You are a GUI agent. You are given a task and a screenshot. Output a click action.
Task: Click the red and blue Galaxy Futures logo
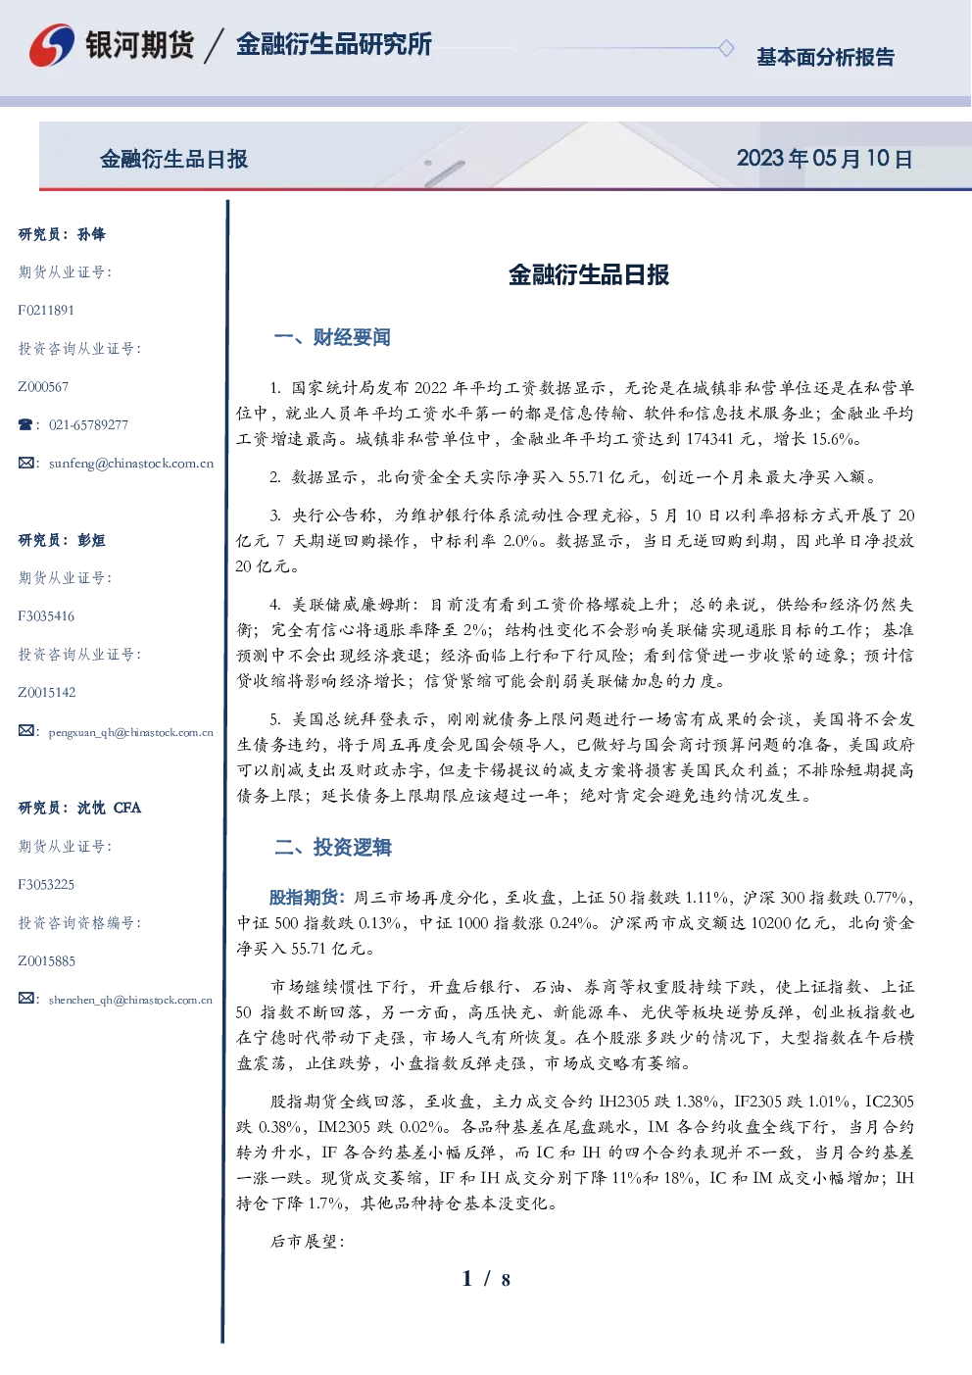point(52,44)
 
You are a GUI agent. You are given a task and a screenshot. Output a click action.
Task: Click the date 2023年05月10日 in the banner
point(824,159)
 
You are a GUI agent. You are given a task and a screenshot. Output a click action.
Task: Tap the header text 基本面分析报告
point(825,57)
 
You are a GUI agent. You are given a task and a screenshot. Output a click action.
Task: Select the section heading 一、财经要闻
point(332,337)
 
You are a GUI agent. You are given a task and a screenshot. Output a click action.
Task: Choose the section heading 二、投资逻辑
point(332,847)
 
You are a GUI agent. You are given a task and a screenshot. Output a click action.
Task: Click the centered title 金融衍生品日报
point(589,274)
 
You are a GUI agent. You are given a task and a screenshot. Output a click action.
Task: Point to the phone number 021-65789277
point(88,424)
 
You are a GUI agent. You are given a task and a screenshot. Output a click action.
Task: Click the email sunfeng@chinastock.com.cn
point(131,464)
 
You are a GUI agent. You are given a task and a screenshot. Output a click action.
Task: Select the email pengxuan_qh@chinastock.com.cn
point(130,732)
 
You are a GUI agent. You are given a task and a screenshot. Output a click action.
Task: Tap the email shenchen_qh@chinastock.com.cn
point(130,1000)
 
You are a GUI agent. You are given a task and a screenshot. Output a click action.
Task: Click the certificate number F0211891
point(46,310)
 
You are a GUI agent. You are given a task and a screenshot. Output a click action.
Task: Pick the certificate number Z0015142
point(47,693)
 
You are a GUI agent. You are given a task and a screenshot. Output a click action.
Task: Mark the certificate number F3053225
point(46,885)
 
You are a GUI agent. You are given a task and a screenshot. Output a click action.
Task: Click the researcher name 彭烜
point(91,540)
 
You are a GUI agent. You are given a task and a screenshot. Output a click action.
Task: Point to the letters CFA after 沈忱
point(127,808)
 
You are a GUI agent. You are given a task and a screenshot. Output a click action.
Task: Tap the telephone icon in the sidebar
point(25,424)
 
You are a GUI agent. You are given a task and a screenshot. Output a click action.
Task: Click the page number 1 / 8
point(486,1279)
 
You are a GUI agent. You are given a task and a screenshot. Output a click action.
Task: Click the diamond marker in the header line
point(726,48)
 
